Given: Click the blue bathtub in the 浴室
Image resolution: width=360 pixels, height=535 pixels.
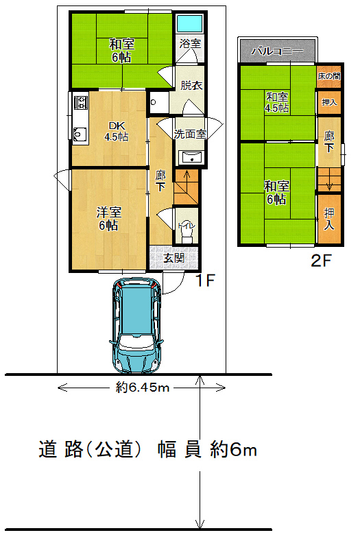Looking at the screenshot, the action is pos(190,23).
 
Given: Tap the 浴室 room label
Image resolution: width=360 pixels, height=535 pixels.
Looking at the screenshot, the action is pos(190,43).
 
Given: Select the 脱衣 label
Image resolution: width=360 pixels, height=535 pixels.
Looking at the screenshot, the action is pos(191,85).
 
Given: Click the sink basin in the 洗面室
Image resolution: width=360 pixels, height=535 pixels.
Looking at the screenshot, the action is pos(193,158).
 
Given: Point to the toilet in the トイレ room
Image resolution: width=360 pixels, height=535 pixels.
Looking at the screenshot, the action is pos(187,233).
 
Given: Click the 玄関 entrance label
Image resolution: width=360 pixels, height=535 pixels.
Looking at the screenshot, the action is pos(174,258).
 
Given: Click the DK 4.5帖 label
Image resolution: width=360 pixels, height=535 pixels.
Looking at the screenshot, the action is pos(117,131).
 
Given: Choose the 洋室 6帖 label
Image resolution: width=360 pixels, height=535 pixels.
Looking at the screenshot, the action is pos(109,219).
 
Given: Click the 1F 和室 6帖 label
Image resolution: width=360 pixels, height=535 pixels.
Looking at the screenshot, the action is pos(122,51).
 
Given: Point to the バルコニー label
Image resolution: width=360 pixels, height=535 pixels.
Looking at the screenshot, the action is pos(278,51).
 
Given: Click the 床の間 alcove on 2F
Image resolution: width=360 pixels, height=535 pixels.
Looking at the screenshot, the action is pos(329,75).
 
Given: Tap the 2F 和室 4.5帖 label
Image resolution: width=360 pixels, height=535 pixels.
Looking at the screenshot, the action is pos(277,102).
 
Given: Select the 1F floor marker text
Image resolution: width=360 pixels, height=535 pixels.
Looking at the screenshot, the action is pos(205,281).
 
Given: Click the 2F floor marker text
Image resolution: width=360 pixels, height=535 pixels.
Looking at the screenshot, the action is pos(321,261).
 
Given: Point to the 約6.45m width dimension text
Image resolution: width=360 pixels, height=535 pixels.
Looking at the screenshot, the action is pos(143,388).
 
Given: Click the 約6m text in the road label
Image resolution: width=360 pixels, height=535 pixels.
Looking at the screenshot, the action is pos(233,450).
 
